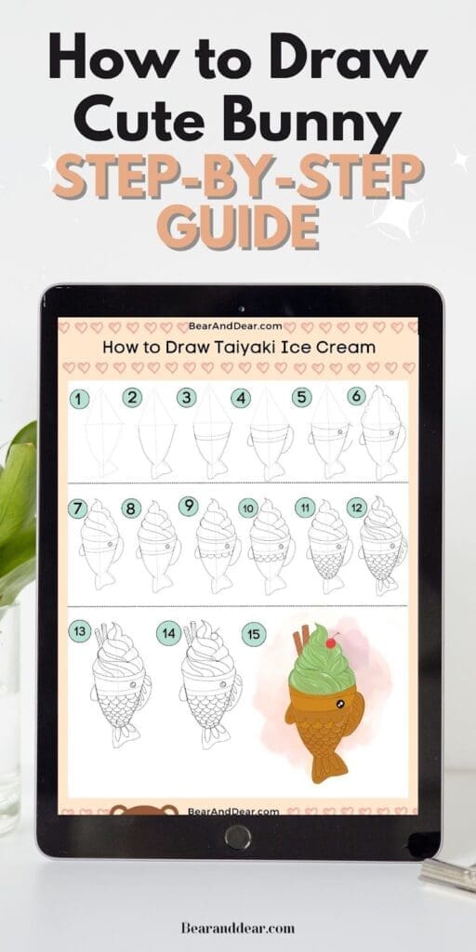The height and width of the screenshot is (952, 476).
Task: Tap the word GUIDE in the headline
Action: (x=238, y=227)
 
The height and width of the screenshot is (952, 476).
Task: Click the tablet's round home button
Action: (x=237, y=838)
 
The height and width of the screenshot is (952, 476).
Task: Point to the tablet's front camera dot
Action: (x=241, y=309)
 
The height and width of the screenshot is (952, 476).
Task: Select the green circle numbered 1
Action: (x=79, y=399)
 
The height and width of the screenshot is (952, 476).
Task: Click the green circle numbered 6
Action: (x=356, y=396)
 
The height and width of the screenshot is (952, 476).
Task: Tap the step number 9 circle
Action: (x=188, y=506)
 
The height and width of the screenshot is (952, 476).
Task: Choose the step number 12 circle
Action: (x=356, y=508)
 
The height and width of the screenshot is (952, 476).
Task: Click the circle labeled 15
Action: (x=254, y=634)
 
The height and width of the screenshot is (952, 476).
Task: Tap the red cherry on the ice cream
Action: (x=332, y=641)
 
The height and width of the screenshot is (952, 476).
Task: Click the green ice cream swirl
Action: (x=322, y=668)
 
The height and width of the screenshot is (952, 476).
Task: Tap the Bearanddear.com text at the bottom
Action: (x=238, y=928)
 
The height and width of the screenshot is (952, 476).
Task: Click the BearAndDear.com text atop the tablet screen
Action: (x=235, y=326)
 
